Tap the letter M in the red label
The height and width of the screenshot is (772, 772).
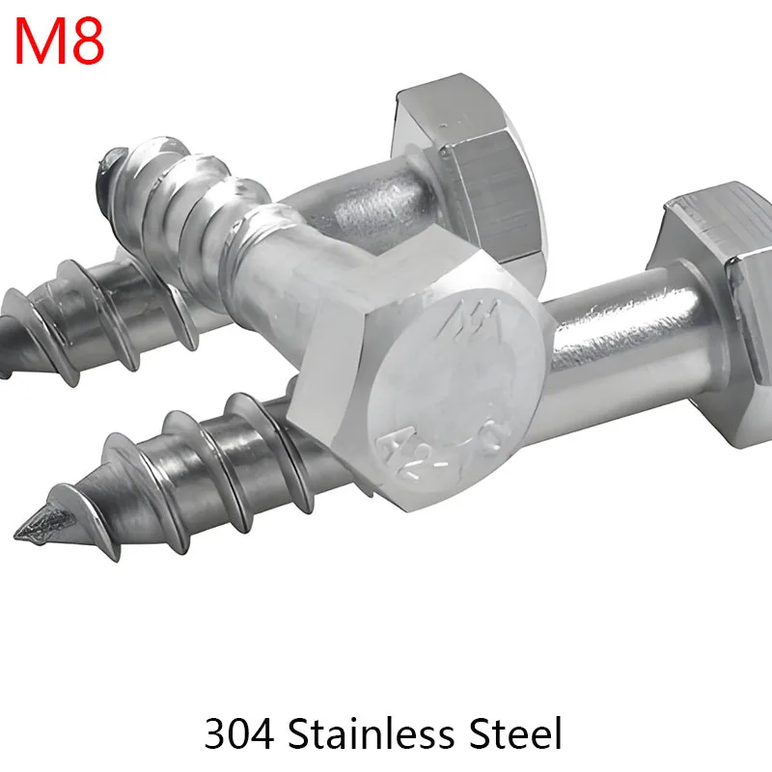tap(38, 41)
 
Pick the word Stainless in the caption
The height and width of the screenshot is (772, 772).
tap(367, 734)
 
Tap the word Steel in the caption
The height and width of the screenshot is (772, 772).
tap(511, 734)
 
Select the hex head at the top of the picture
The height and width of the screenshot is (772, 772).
tap(463, 164)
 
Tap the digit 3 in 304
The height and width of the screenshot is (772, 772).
tap(215, 734)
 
